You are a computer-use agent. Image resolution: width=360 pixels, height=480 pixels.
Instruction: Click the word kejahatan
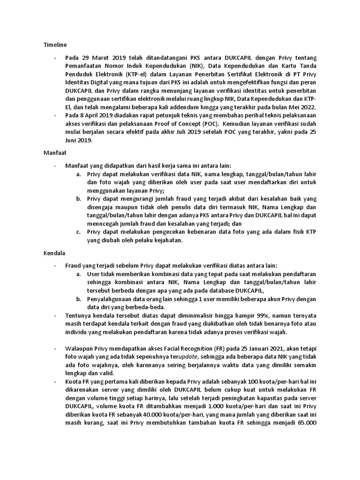pos(164,241)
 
